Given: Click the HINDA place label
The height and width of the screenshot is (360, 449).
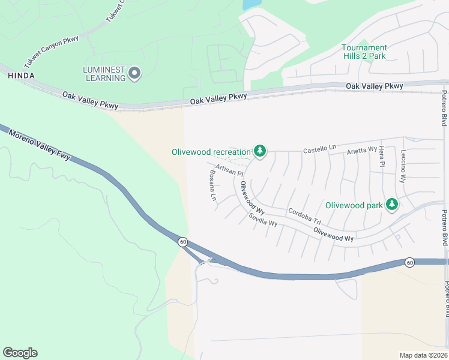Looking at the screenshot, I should (x=21, y=76).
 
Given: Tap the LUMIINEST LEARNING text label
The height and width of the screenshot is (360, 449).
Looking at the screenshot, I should (x=104, y=74).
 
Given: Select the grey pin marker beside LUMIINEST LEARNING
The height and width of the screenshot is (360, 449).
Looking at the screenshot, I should (x=135, y=74).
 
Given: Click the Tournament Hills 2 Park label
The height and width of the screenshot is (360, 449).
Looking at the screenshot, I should (x=364, y=52).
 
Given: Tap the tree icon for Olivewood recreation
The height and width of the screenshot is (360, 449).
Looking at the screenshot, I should (x=260, y=151).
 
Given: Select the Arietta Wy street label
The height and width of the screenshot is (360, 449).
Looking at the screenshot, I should (x=362, y=149).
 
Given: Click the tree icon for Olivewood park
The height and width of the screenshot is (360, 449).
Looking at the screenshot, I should (x=392, y=205).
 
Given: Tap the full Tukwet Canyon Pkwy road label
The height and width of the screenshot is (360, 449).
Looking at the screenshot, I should (x=52, y=51).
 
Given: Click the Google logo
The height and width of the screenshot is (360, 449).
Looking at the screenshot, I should (x=20, y=352).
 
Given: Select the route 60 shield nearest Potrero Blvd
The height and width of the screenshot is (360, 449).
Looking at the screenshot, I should (x=409, y=262).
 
